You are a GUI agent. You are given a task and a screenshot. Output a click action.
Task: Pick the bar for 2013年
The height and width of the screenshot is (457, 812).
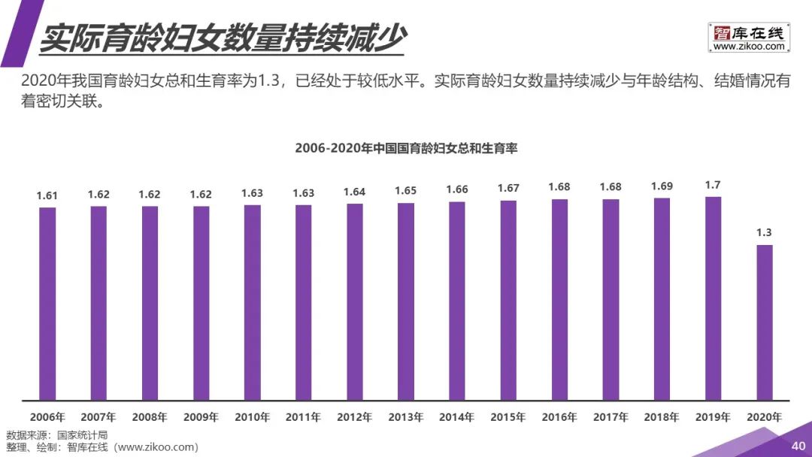pyautogui.click(x=406, y=301)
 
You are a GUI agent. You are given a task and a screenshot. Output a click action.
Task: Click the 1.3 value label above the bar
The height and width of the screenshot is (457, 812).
pyautogui.click(x=765, y=233)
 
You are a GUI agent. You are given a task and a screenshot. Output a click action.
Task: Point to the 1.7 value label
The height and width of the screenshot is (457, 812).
pyautogui.click(x=714, y=185)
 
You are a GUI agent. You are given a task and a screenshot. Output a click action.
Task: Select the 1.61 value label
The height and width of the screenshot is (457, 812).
pyautogui.click(x=47, y=195)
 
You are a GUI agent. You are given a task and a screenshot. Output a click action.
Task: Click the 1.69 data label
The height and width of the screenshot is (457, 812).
pyautogui.click(x=662, y=186)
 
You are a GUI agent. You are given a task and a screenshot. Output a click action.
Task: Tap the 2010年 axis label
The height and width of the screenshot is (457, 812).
pyautogui.click(x=252, y=416)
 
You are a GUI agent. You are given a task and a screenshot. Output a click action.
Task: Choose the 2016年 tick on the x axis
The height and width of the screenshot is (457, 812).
pyautogui.click(x=559, y=416)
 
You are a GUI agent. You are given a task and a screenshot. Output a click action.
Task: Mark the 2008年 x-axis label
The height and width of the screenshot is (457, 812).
pyautogui.click(x=150, y=416)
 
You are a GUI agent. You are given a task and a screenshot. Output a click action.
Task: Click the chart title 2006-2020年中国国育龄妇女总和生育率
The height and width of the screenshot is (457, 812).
pyautogui.click(x=406, y=149)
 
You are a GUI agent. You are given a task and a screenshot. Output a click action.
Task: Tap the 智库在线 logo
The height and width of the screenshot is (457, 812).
pyautogui.click(x=748, y=33)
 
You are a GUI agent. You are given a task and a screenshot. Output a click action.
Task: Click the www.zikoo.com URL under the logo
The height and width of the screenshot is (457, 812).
pyautogui.click(x=749, y=47)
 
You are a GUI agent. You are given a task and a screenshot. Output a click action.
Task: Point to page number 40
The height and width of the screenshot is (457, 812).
pyautogui.click(x=798, y=446)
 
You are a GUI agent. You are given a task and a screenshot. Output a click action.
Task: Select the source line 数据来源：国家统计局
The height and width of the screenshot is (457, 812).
pyautogui.click(x=57, y=435)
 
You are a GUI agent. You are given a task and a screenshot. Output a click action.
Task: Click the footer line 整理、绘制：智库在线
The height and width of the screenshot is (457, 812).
pyautogui.click(x=102, y=447)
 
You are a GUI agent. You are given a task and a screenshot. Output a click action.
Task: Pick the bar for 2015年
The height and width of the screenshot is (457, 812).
pyautogui.click(x=508, y=300)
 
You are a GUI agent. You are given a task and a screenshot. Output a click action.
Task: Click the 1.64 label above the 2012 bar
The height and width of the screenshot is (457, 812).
pyautogui.click(x=355, y=192)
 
